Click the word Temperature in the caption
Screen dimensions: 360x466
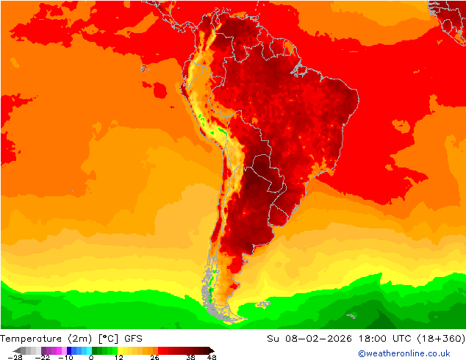(33, 339)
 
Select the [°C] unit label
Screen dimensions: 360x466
(110, 339)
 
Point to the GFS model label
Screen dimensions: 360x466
(134, 339)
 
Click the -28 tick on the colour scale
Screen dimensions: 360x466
(15, 357)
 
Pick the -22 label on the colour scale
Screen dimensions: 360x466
(44, 357)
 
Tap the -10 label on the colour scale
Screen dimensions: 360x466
(65, 357)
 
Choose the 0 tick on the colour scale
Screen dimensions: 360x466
(91, 357)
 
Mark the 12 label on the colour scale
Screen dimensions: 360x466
(118, 357)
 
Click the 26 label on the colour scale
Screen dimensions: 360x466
(154, 357)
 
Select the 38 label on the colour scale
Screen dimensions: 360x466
(190, 357)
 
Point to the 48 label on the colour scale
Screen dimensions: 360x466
(212, 357)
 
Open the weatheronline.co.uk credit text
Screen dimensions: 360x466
(404, 353)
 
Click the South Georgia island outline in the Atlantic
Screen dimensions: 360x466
(351, 316)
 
